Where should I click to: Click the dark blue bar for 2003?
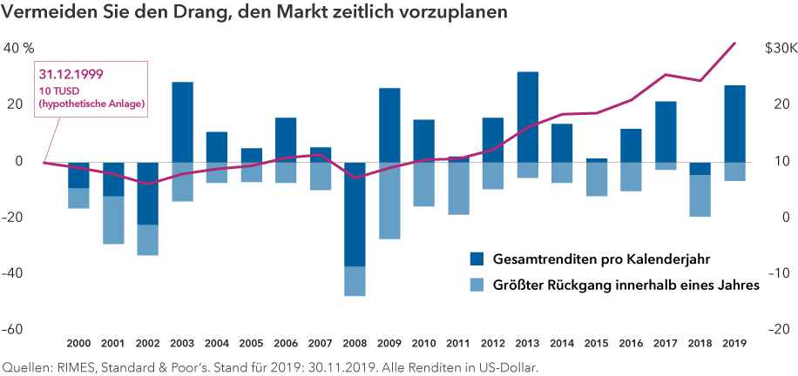[182, 122]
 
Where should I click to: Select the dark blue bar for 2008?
[355, 214]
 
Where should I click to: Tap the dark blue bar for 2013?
[527, 117]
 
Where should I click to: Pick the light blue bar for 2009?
[389, 200]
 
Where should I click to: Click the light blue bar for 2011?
[458, 188]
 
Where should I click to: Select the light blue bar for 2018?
[700, 196]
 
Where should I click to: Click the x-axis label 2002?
[148, 344]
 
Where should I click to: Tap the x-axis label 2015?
[596, 344]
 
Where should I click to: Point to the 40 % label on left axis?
[19, 48]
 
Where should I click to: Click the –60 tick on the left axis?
[17, 330]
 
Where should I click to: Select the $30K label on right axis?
[779, 48]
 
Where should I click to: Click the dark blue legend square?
[477, 258]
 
